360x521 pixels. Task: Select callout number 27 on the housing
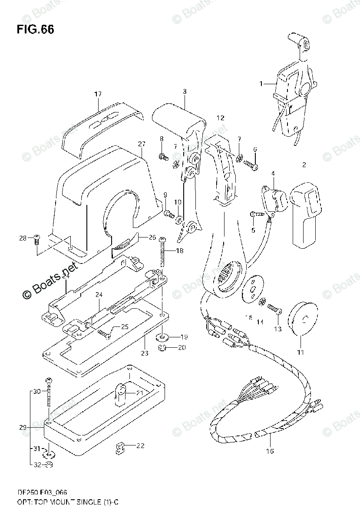(x=141, y=144)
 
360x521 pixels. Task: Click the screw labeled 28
(x=36, y=238)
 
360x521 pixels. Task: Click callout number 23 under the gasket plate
(x=144, y=353)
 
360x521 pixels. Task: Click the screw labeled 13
(x=274, y=309)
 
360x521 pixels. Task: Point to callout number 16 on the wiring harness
(x=270, y=451)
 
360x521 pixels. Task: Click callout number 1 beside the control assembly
(x=261, y=83)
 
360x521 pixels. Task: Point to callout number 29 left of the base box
(x=23, y=428)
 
